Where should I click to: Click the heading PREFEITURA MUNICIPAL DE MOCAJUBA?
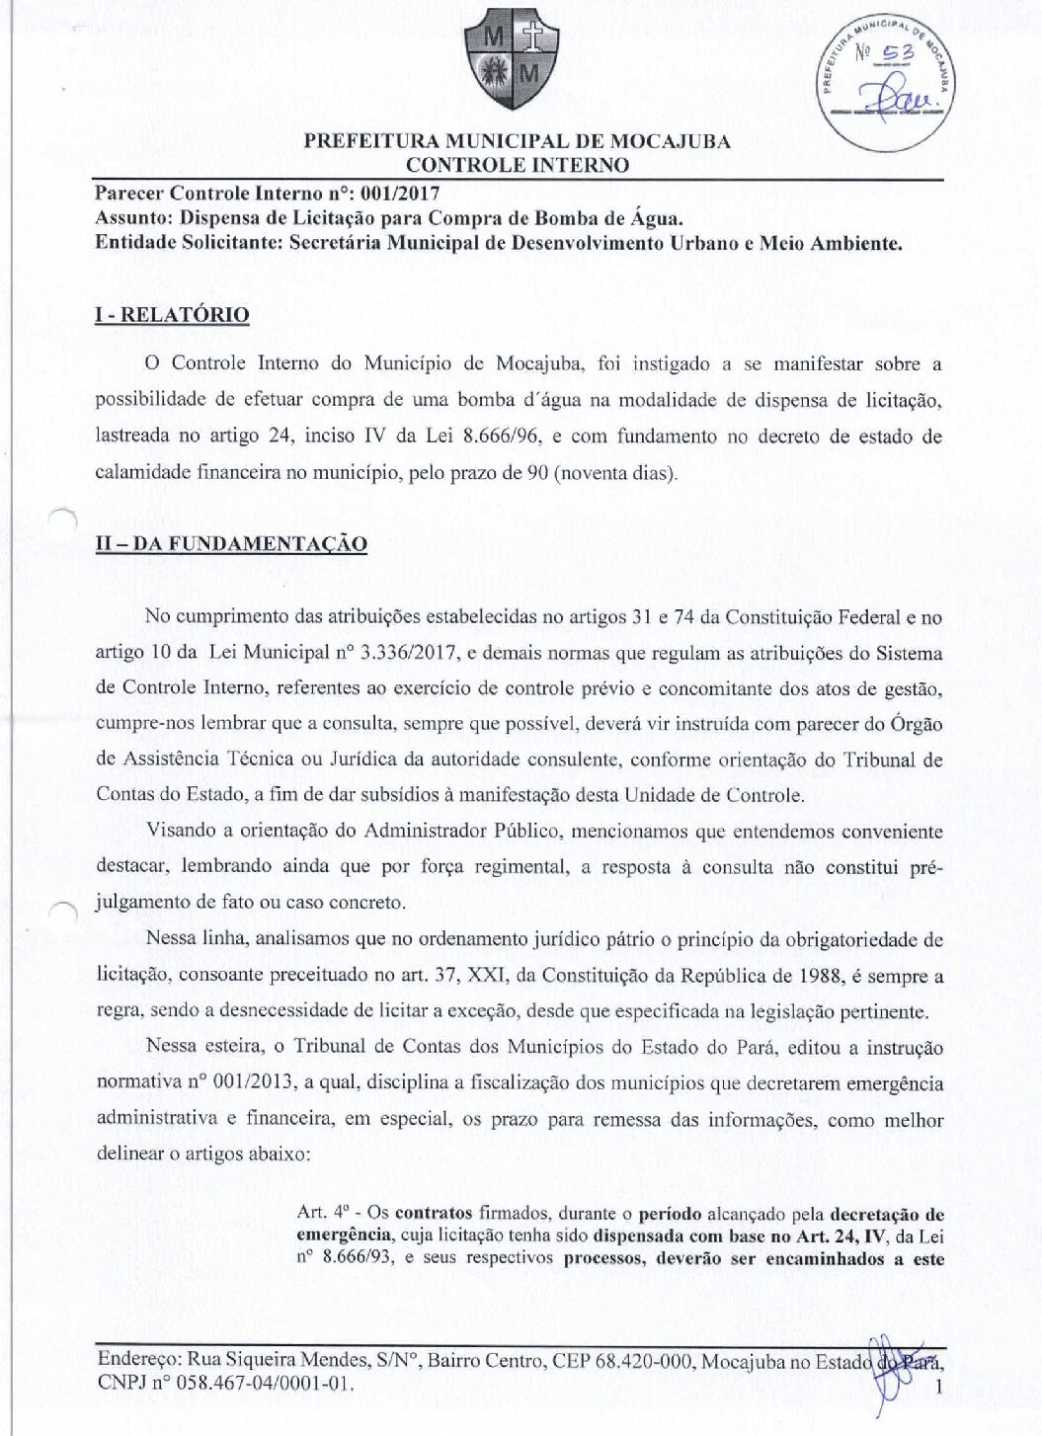pos(517,141)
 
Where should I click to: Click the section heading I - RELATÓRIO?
pos(172,315)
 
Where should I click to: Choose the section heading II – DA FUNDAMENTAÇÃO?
pos(231,544)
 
